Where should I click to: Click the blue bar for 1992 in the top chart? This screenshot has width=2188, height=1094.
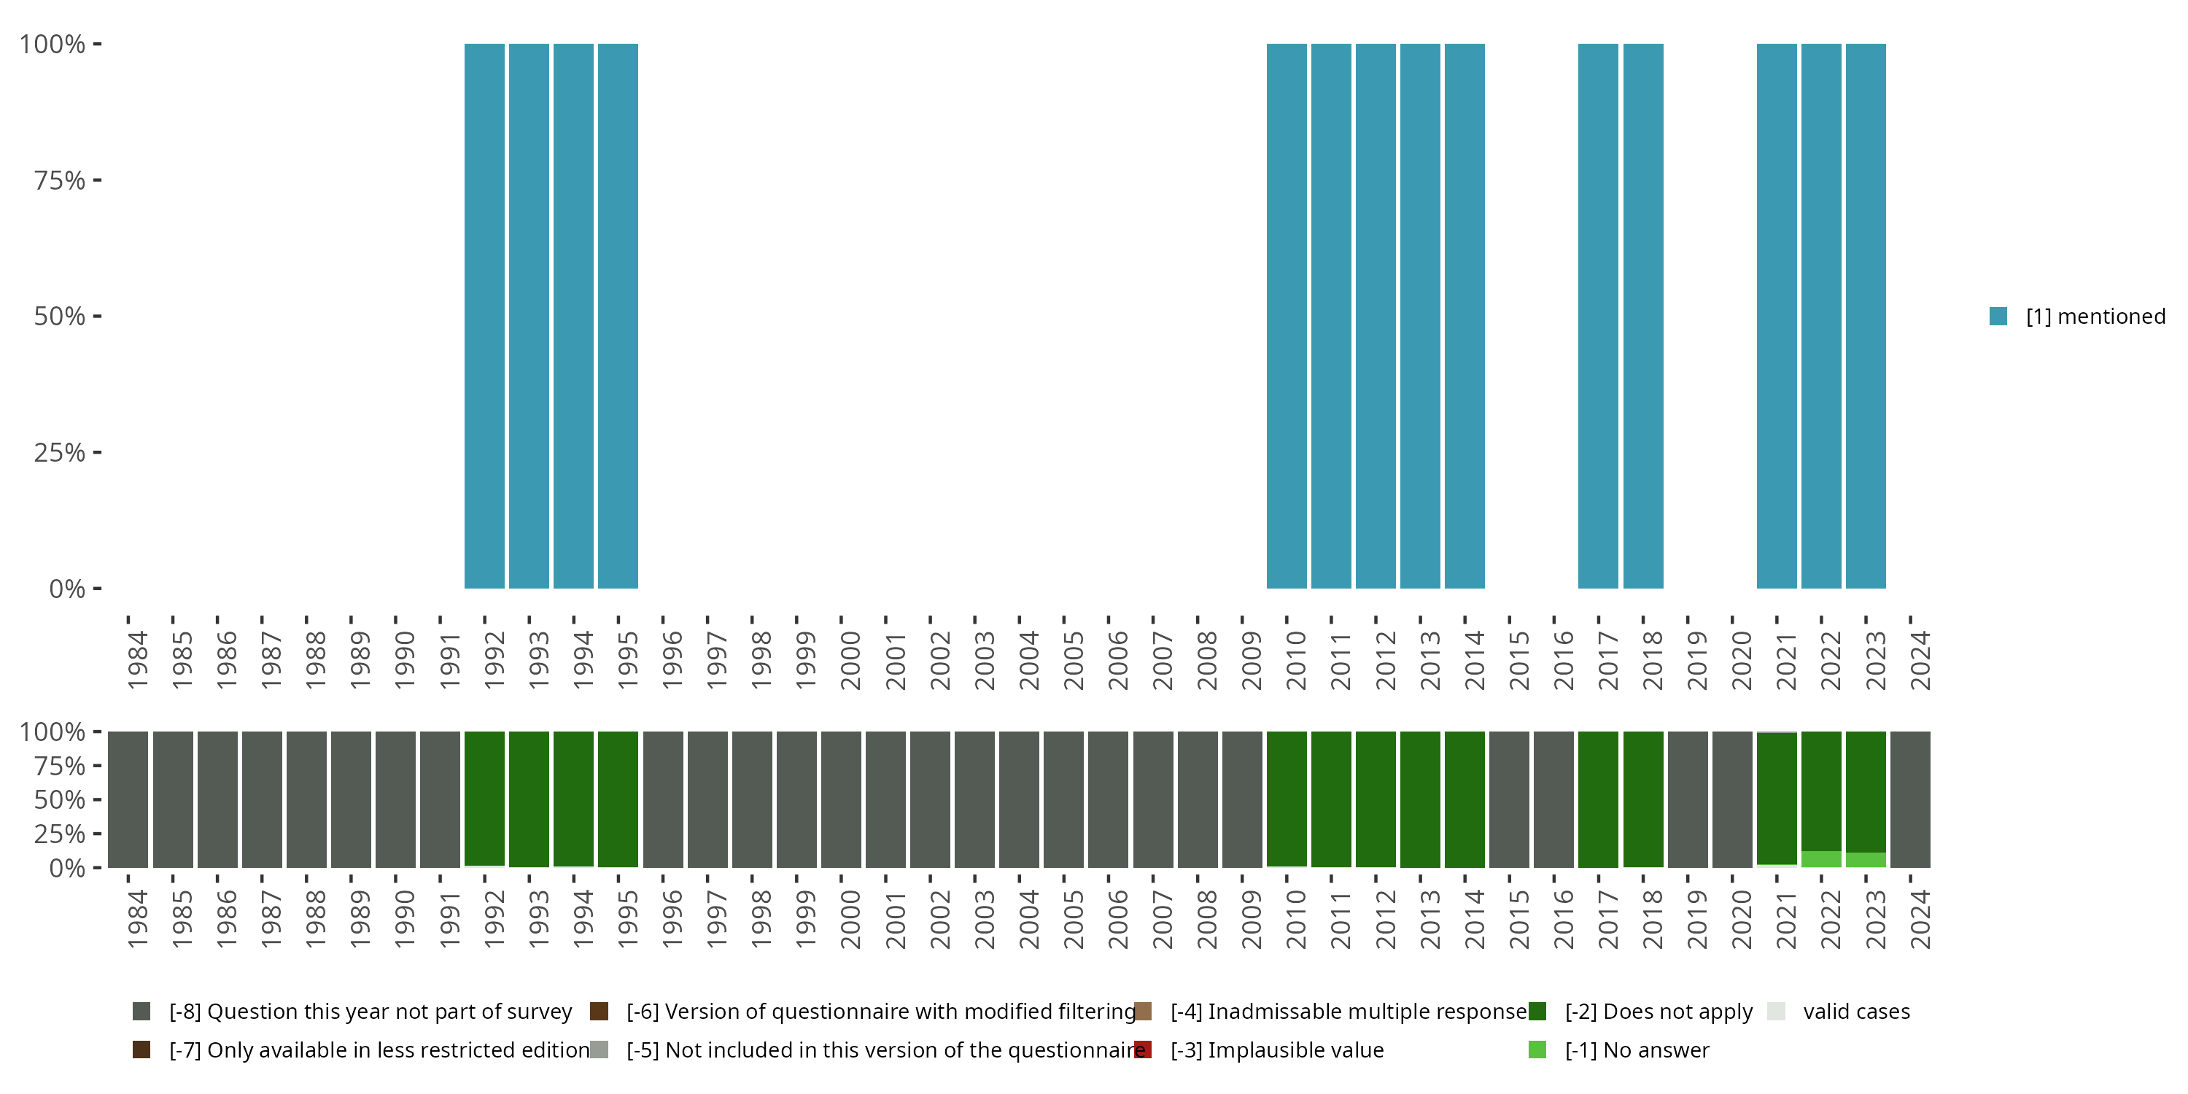click(484, 316)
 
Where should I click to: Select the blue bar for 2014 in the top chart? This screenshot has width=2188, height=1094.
click(1465, 316)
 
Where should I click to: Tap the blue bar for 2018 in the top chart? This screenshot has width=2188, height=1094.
click(1642, 316)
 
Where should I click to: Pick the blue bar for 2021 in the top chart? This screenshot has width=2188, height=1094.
click(1776, 316)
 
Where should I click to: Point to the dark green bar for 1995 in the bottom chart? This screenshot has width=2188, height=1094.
click(618, 799)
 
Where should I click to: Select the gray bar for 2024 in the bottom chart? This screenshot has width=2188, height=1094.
click(1910, 799)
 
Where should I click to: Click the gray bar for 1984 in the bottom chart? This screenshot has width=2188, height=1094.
click(128, 799)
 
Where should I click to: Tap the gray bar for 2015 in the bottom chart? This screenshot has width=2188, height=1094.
click(1509, 799)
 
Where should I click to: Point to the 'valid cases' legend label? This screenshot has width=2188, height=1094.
click(1856, 1012)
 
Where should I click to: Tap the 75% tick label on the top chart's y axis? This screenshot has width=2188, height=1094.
click(60, 180)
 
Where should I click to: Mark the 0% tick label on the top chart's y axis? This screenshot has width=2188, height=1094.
click(67, 589)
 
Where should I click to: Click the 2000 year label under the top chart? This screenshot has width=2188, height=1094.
click(850, 661)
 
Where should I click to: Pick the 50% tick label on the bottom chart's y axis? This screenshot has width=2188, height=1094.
click(60, 799)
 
